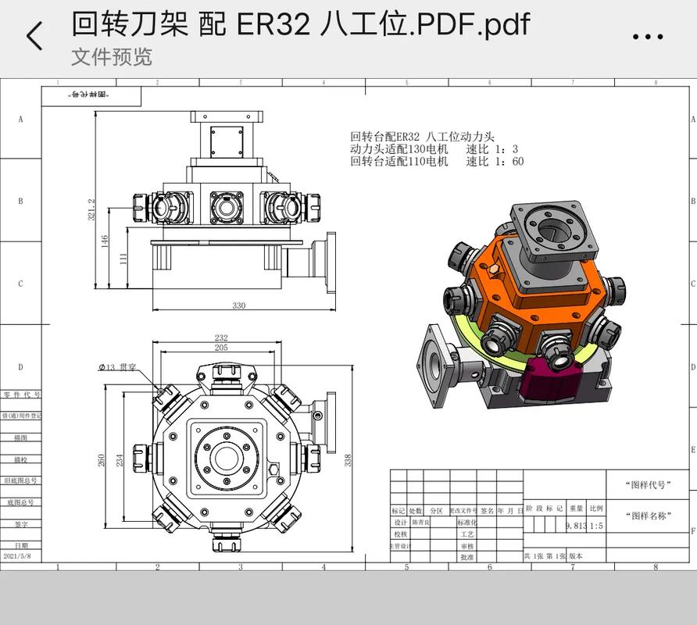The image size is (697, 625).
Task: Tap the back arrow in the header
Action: coord(34,36)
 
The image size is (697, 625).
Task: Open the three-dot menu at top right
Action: coord(647,36)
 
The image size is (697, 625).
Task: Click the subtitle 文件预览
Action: coord(111,57)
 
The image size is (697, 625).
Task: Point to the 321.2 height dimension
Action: coord(91,209)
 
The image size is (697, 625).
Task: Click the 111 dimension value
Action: coord(123,258)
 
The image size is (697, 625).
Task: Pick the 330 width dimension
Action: coord(239,305)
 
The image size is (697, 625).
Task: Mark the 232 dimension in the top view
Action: coord(221,338)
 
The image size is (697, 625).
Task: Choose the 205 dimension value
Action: coord(221,348)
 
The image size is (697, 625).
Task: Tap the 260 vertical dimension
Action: coord(102,459)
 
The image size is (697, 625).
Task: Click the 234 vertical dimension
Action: coord(120,459)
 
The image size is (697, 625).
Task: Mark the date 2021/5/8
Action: coord(20,555)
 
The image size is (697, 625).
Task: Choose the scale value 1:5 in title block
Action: coord(596,526)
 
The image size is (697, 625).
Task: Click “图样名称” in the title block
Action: coord(648,516)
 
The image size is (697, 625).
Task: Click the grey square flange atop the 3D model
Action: coord(556,232)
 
